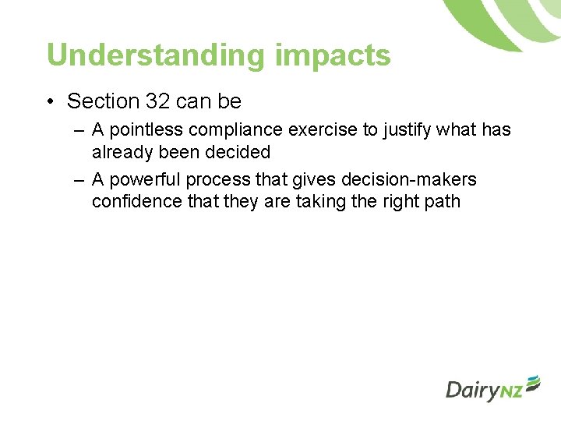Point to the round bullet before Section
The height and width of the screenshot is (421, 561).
(x=51, y=102)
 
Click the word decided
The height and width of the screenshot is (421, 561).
(x=239, y=151)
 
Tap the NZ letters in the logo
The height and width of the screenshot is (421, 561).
(x=510, y=392)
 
